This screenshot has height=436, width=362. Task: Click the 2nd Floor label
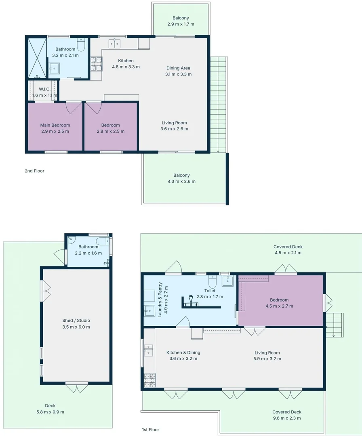tap(34, 171)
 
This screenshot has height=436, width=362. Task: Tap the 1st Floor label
tap(151, 430)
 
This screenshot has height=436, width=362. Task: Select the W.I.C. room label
tap(44, 89)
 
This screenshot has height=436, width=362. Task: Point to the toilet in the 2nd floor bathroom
tap(81, 44)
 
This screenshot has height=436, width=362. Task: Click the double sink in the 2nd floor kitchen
tap(114, 44)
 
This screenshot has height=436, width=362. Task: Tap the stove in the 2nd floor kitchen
tap(96, 64)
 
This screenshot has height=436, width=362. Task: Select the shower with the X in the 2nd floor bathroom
tap(37, 58)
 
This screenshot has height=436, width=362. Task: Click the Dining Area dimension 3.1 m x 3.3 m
tap(178, 74)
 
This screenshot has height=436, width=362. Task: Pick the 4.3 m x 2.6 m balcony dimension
tap(181, 182)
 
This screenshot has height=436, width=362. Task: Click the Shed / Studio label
tap(76, 321)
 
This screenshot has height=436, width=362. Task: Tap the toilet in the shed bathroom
tap(102, 241)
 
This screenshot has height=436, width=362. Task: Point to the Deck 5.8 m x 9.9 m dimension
tap(51, 412)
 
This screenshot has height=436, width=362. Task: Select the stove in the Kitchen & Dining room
tap(150, 380)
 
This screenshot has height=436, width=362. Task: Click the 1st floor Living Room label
tap(267, 352)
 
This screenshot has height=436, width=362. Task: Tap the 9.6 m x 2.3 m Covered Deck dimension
tap(287, 418)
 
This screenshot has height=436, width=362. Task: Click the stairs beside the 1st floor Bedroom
tap(335, 325)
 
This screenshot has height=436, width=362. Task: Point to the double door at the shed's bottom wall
tap(77, 387)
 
